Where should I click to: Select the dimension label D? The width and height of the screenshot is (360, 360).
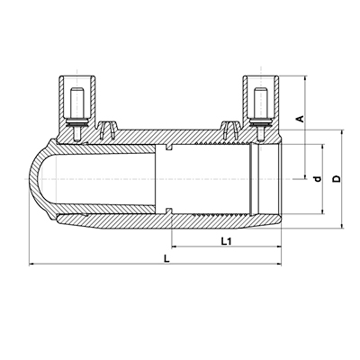(337, 179)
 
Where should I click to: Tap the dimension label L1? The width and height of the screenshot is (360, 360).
(227, 241)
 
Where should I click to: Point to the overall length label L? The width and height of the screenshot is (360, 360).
(166, 258)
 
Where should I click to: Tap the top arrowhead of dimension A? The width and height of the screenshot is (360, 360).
(305, 78)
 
